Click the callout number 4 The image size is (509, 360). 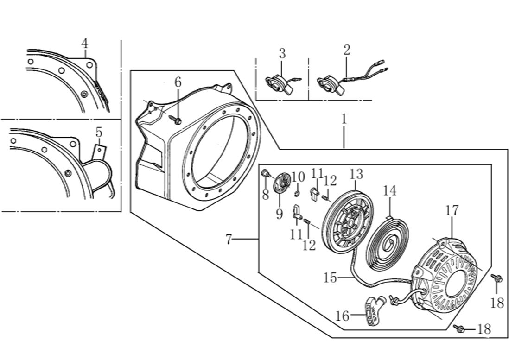(84, 44)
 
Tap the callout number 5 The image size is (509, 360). (99, 132)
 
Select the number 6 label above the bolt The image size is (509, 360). (178, 82)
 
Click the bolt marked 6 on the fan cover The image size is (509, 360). (178, 121)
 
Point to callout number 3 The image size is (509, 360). (282, 53)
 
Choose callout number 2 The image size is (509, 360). (347, 50)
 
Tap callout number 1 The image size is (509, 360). (344, 119)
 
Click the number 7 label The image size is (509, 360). (229, 240)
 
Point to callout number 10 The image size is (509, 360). (298, 177)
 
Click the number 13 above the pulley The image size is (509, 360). (356, 175)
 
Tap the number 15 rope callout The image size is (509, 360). (330, 278)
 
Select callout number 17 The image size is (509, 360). (452, 211)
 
